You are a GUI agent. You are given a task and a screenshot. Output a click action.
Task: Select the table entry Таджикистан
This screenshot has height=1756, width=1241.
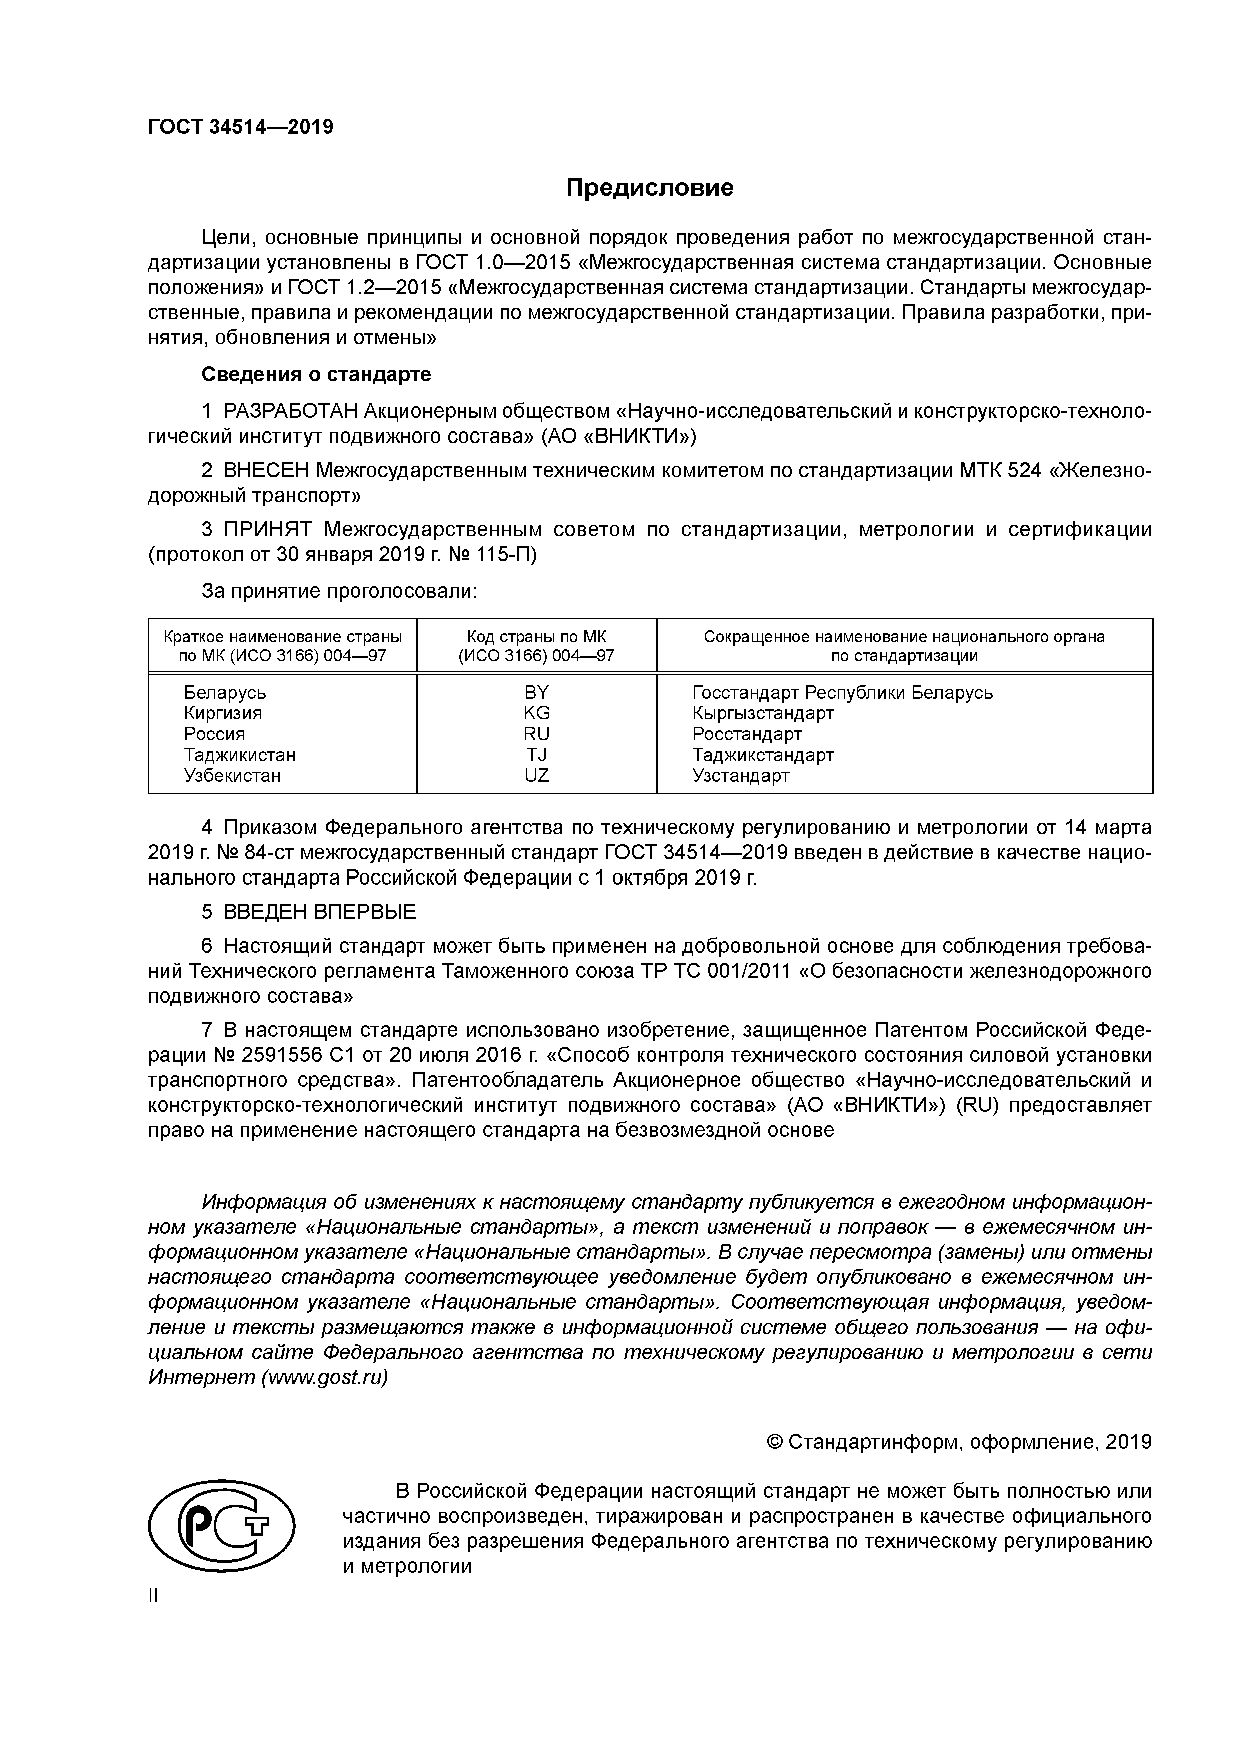click(239, 755)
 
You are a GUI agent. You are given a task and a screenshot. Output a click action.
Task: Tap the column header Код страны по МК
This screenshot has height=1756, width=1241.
click(536, 636)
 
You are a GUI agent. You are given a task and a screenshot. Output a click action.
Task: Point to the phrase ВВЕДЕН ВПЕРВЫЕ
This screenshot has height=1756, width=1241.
click(320, 912)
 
